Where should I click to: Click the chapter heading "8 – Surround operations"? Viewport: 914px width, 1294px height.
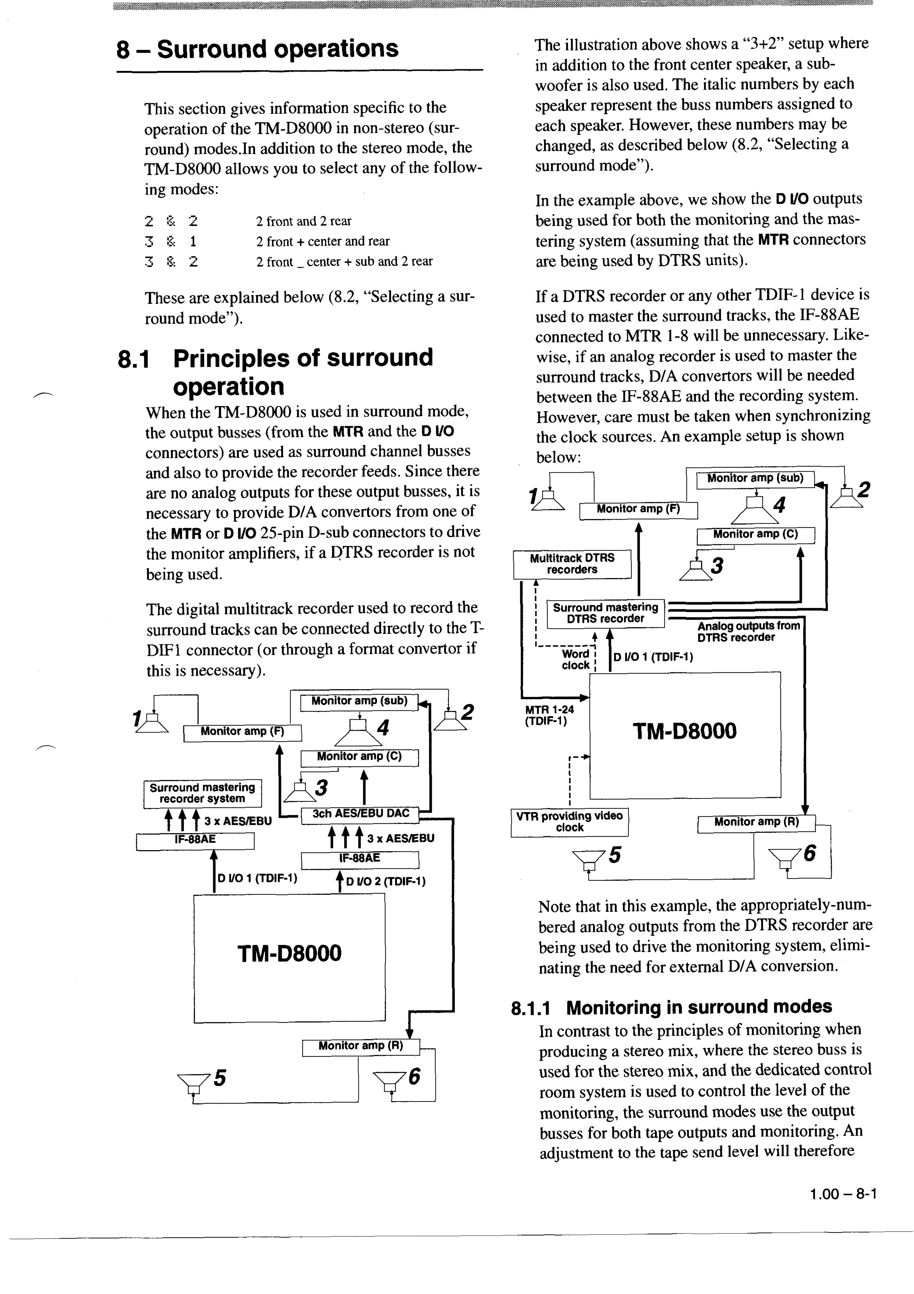pyautogui.click(x=257, y=49)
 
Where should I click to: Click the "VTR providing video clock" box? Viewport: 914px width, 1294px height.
pyautogui.click(x=569, y=822)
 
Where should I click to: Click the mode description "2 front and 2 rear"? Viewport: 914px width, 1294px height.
pyautogui.click(x=304, y=221)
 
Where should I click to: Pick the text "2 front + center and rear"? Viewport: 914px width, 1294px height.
pyautogui.click(x=323, y=241)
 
